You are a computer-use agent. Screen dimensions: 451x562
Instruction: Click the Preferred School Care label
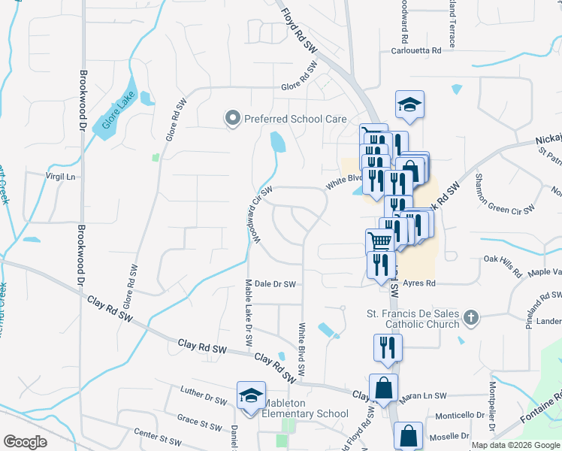click(x=295, y=119)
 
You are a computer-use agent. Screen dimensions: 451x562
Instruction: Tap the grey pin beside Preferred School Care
click(x=232, y=118)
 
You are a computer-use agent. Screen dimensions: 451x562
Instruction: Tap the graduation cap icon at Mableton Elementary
click(x=251, y=395)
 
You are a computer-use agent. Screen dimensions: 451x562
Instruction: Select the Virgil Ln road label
click(x=61, y=177)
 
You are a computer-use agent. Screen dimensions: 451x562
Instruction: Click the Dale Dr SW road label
click(x=275, y=284)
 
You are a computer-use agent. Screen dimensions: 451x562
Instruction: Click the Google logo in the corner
click(x=26, y=442)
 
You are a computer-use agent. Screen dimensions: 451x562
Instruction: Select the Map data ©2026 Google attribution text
click(x=515, y=445)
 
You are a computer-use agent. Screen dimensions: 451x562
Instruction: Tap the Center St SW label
click(x=158, y=439)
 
